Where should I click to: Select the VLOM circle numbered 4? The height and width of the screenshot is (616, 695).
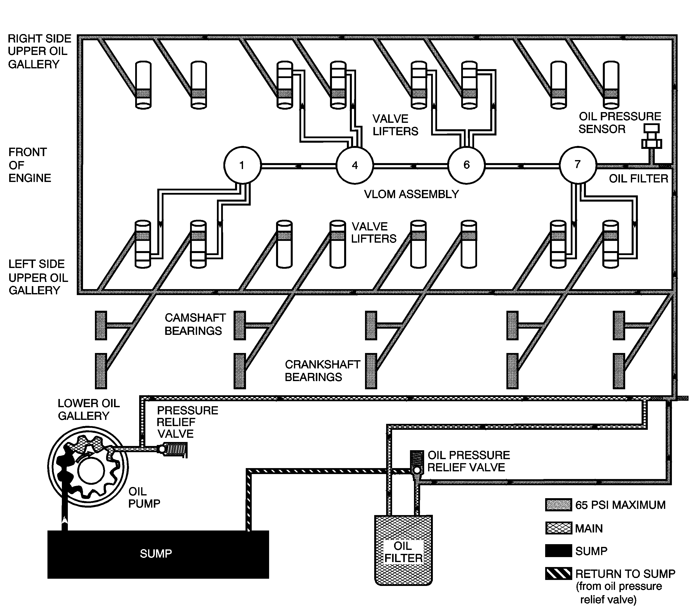[x=355, y=165]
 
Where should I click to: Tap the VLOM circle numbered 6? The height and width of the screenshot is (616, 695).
[x=466, y=165]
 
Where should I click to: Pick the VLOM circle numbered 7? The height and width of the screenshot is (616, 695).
[x=578, y=165]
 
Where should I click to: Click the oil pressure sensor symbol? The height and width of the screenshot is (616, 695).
[x=652, y=137]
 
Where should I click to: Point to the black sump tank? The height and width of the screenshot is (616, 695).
[x=158, y=554]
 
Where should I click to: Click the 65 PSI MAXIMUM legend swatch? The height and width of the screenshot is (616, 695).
[x=558, y=505]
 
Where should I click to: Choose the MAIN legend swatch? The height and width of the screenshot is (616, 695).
[x=558, y=528]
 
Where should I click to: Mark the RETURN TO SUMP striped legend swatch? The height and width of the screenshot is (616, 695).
[x=558, y=573]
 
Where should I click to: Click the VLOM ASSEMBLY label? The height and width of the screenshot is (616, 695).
[x=411, y=194]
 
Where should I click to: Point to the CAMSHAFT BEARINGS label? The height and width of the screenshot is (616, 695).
[x=195, y=324]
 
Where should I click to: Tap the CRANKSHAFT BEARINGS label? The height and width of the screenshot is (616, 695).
[x=322, y=371]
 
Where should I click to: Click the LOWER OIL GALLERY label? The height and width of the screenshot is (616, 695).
[x=88, y=409]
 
